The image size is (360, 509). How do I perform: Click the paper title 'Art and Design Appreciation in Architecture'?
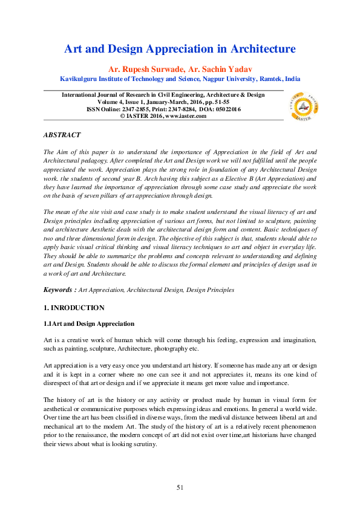click(x=180, y=49)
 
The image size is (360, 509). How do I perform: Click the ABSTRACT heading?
click(x=62, y=135)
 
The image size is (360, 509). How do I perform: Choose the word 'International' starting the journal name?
click(x=82, y=95)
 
